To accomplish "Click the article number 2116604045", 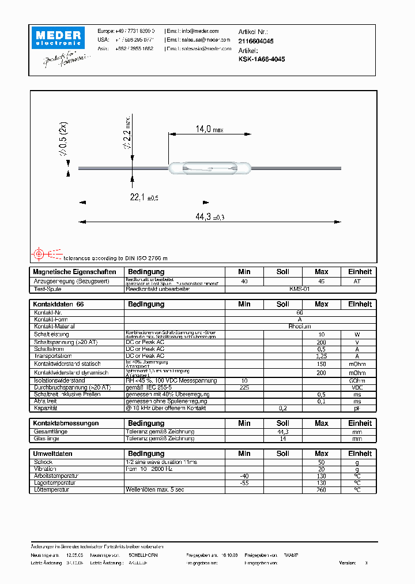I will (256, 42).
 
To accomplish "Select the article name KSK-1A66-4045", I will (261, 59).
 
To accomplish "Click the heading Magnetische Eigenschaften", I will (75, 272).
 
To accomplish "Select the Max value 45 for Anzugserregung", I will (321, 281).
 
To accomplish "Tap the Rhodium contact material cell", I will (299, 326).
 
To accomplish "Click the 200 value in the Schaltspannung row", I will (321, 342).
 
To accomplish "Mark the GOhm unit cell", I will (360, 381).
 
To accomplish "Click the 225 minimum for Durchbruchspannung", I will (244, 388).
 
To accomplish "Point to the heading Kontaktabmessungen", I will (66, 424).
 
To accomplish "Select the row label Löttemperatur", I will (52, 490).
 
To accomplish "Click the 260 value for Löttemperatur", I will (321, 490).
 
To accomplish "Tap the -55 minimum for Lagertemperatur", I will (244, 483).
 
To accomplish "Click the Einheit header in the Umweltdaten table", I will (360, 454).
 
